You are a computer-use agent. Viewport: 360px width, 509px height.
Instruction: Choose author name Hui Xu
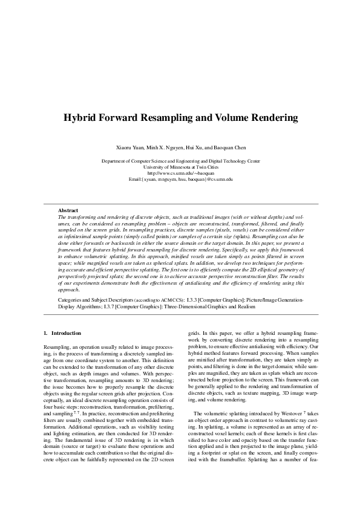pos(195,148)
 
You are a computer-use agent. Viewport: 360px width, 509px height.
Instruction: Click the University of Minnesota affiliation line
pos(180,167)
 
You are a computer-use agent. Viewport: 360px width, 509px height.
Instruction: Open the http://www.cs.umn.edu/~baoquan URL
pos(180,173)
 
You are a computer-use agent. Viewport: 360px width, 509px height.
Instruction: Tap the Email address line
pos(180,180)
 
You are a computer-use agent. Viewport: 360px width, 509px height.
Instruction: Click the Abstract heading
pos(67,210)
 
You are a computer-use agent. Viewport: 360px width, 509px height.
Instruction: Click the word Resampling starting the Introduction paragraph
pos(56,345)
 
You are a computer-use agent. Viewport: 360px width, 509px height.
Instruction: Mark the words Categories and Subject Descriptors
pos(90,299)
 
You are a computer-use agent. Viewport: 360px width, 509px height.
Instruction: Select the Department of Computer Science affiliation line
pos(180,161)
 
